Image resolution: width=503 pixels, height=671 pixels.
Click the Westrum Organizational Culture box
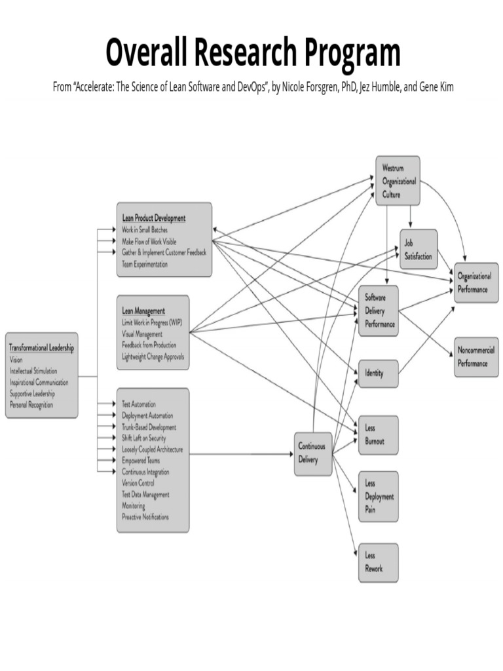pos(398,181)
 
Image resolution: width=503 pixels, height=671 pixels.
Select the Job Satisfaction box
pos(419,249)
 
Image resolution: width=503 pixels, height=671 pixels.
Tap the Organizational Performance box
pos(476,282)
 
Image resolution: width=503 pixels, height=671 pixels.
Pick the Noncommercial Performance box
pos(476,356)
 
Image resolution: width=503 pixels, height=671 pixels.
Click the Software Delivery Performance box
pos(379,311)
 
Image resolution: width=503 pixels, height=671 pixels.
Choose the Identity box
pos(378,374)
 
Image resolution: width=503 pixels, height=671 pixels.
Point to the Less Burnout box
pos(378,434)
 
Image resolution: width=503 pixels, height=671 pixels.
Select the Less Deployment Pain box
pos(378,496)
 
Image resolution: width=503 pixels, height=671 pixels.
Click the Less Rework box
pos(378,563)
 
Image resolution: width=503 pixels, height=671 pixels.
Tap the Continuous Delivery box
pos(313,453)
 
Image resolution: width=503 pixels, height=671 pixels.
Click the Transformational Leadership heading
pos(41,347)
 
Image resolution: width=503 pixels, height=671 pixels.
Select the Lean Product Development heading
pos(153,218)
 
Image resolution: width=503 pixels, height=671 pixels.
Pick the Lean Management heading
pos(143,310)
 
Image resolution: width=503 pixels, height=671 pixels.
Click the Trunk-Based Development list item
pos(149,427)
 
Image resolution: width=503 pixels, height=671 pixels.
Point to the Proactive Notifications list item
pos(145,517)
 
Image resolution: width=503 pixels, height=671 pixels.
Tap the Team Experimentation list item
pos(145,265)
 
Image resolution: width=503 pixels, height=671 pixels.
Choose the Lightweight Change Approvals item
pos(153,357)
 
